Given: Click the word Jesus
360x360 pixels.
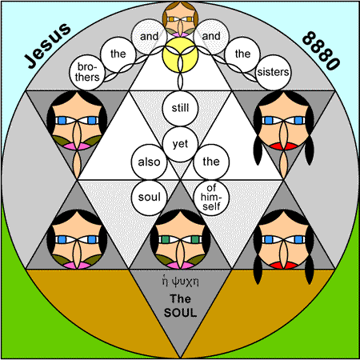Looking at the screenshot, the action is pos(47,46).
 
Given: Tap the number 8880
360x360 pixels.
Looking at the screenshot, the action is pos(321,50).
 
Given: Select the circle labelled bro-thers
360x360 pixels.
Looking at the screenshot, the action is pos(87,72).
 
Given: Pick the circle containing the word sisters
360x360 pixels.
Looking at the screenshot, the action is pos(273,72).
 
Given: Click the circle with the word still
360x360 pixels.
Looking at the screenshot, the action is pos(180,108).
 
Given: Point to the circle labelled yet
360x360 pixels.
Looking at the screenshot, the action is pos(180,144).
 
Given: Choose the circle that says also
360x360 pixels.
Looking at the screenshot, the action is pos(149,162).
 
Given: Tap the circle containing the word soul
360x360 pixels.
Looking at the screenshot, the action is pos(149,198).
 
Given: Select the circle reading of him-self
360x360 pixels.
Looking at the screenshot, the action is pos(211,198).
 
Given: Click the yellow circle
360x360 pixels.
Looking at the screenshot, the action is pos(180,54).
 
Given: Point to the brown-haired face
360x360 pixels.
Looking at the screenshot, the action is pos(180,19).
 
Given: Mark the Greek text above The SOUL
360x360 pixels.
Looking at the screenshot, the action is pos(180,282).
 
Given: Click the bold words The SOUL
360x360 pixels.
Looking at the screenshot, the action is pos(180,306).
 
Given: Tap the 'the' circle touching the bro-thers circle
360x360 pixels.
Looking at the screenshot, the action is pos(118,54).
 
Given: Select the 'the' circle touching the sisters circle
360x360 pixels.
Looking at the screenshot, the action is pos(242,54).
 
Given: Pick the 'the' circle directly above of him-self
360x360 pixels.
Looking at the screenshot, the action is pos(211,162).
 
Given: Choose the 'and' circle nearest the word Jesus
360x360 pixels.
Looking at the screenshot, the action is pos(149,37).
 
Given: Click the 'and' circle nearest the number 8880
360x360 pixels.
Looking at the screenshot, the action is pos(211,37).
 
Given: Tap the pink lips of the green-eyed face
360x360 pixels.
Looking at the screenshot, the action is pos(180,266).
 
